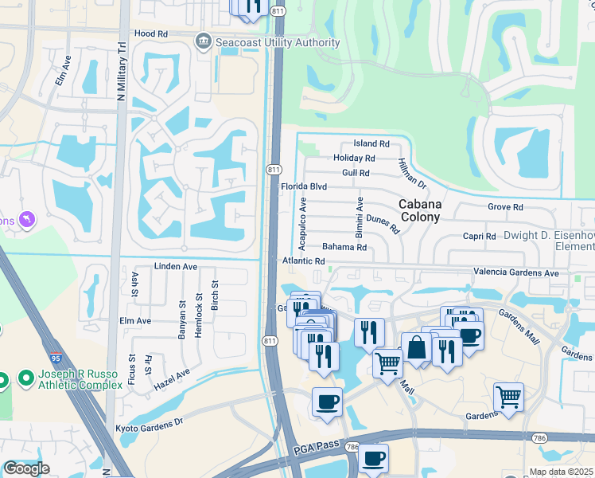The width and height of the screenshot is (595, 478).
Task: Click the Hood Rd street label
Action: (151, 34)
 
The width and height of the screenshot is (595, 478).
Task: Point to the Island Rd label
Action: (371, 144)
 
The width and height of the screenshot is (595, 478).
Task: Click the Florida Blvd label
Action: (304, 187)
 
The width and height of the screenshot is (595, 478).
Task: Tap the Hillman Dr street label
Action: (412, 173)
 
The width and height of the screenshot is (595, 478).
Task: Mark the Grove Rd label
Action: (505, 207)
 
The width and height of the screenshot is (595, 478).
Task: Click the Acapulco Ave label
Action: (302, 225)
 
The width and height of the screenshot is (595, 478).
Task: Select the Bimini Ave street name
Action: (360, 213)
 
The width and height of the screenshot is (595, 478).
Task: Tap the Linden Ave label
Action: (174, 266)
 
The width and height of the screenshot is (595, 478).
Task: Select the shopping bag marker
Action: (417, 347)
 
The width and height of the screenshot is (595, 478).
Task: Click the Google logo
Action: (25, 468)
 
